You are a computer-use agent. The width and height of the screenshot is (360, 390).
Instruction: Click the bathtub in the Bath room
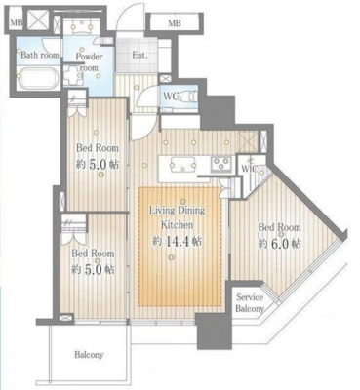pos(39,78)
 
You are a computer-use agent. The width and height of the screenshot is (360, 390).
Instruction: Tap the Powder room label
pos(89,61)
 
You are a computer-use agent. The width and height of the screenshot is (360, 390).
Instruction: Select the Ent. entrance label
pos(140,55)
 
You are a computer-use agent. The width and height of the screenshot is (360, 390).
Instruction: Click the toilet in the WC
pos(187,97)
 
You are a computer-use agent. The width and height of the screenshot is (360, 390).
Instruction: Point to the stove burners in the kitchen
pos(221,164)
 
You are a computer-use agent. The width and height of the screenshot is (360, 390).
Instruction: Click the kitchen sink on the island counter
pos(182,164)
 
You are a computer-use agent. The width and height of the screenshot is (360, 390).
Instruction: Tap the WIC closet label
pos(250,169)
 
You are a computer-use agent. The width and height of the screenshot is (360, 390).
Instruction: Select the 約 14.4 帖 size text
pos(178,241)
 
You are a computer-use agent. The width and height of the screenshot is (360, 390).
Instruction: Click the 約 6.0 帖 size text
pos(280,243)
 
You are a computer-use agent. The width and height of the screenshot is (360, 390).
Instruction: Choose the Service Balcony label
pos(250,302)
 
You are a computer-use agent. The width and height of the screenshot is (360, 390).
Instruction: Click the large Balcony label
pos(89,354)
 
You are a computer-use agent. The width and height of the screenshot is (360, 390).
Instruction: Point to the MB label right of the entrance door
pos(175,23)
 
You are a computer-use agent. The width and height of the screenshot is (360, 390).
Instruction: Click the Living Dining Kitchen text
pos(178,217)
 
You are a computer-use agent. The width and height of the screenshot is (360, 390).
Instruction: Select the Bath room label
pos(40,55)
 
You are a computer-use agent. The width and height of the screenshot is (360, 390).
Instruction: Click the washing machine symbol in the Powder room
pos(72,76)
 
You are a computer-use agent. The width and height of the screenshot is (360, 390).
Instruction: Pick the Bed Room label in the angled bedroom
pos(279,227)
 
